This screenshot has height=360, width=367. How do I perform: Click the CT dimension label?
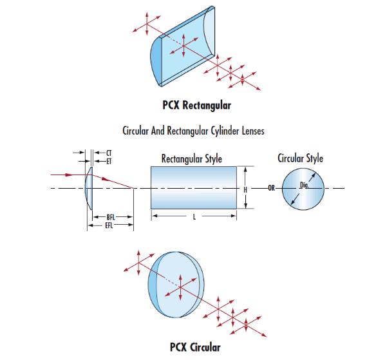point(109,153)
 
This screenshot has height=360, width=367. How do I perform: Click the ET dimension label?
point(109,161)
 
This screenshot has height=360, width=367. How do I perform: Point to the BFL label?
point(111,217)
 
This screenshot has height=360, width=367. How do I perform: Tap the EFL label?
point(109,225)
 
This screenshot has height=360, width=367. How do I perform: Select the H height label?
point(245,189)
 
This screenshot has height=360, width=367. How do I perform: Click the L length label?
point(194,217)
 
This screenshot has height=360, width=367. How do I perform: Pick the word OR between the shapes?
point(272,187)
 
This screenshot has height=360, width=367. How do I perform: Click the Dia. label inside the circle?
point(305,185)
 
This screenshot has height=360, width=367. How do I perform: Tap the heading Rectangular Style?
point(192,158)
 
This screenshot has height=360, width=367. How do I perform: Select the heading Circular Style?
point(300,158)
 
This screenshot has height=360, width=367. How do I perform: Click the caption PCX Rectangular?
point(196,105)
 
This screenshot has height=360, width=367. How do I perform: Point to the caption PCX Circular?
point(195,347)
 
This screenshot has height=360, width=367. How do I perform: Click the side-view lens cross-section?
point(89,189)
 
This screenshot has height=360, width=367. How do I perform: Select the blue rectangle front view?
point(194,187)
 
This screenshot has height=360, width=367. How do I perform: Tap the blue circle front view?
point(303,189)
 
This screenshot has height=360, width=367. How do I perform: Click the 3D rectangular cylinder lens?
point(183,46)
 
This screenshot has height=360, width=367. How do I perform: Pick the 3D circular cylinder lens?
point(176,285)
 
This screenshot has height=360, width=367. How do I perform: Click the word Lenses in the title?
point(253,131)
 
